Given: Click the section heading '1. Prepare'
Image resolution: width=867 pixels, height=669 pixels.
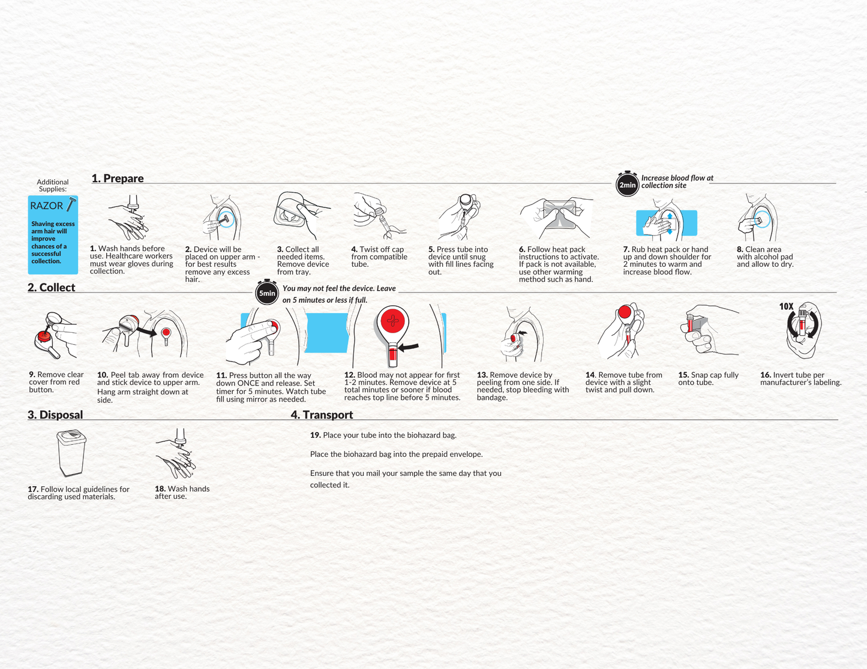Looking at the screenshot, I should [118, 179].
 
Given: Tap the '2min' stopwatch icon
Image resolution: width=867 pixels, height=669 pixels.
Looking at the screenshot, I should [627, 184].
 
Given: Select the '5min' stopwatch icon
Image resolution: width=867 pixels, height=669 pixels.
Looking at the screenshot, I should [267, 293].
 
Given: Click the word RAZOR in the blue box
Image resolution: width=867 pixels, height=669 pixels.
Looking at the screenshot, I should [46, 206].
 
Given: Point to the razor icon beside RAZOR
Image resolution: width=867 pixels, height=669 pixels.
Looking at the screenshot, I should [71, 205].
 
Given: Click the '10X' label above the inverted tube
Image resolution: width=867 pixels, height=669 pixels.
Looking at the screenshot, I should [786, 306].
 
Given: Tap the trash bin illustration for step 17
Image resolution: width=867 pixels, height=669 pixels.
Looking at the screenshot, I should [71, 453].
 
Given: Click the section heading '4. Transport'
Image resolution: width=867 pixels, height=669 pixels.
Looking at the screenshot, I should [322, 415].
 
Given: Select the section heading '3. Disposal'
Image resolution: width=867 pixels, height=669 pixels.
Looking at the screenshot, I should [55, 415].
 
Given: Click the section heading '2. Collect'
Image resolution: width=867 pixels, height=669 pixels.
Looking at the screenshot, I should [52, 288].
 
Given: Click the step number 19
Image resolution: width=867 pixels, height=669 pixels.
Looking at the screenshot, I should [315, 435].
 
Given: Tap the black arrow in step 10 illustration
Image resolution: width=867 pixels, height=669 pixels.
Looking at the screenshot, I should [146, 330].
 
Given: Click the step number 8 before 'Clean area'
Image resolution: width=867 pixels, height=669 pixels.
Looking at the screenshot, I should [740, 249].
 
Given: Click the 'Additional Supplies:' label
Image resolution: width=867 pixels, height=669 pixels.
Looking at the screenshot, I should [53, 185].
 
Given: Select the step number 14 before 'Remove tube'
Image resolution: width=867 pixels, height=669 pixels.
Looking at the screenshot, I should [590, 375].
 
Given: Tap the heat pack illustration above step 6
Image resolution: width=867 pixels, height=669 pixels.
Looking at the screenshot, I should [559, 216].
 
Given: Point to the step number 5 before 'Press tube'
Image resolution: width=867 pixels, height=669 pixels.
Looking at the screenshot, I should [431, 249].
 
